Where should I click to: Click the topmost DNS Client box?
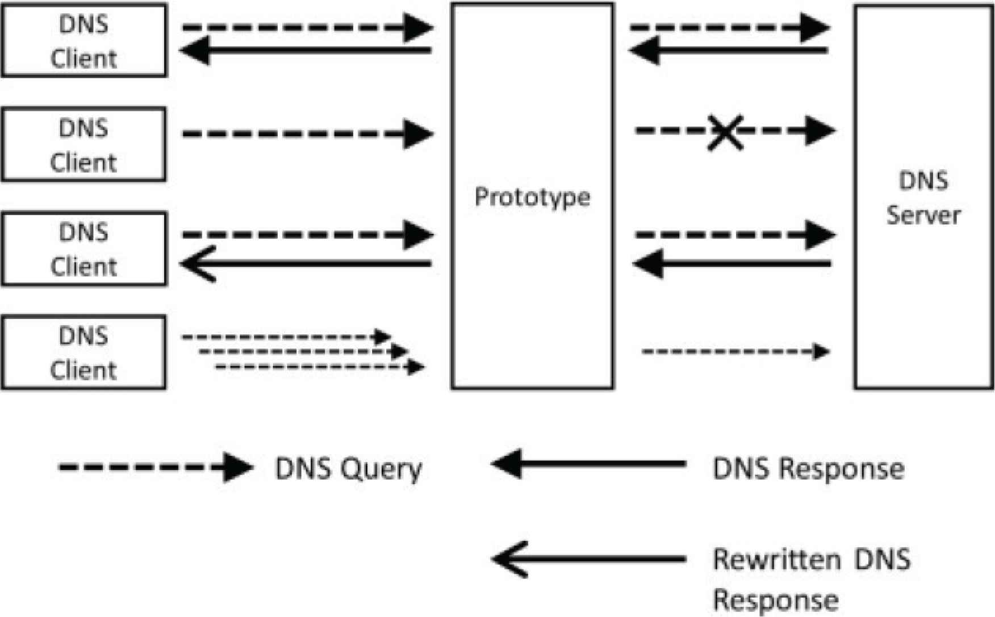pos(83,41)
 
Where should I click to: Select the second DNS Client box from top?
pos(83,145)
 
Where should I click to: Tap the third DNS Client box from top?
pos(83,249)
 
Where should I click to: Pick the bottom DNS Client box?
pos(83,352)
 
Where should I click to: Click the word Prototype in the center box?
pos(532,197)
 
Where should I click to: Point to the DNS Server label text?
pos(923,198)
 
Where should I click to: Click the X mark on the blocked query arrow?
pos(725,132)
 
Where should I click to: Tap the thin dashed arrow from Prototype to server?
pos(735,351)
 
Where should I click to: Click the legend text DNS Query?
pos(348,469)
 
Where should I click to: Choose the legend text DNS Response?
pos(808,469)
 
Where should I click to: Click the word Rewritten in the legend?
pos(776,559)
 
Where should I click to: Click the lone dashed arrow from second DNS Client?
pos(307,134)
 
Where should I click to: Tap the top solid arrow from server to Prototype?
pos(729,51)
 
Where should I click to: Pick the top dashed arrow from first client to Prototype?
pos(307,27)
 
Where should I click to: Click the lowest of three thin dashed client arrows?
pos(319,367)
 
